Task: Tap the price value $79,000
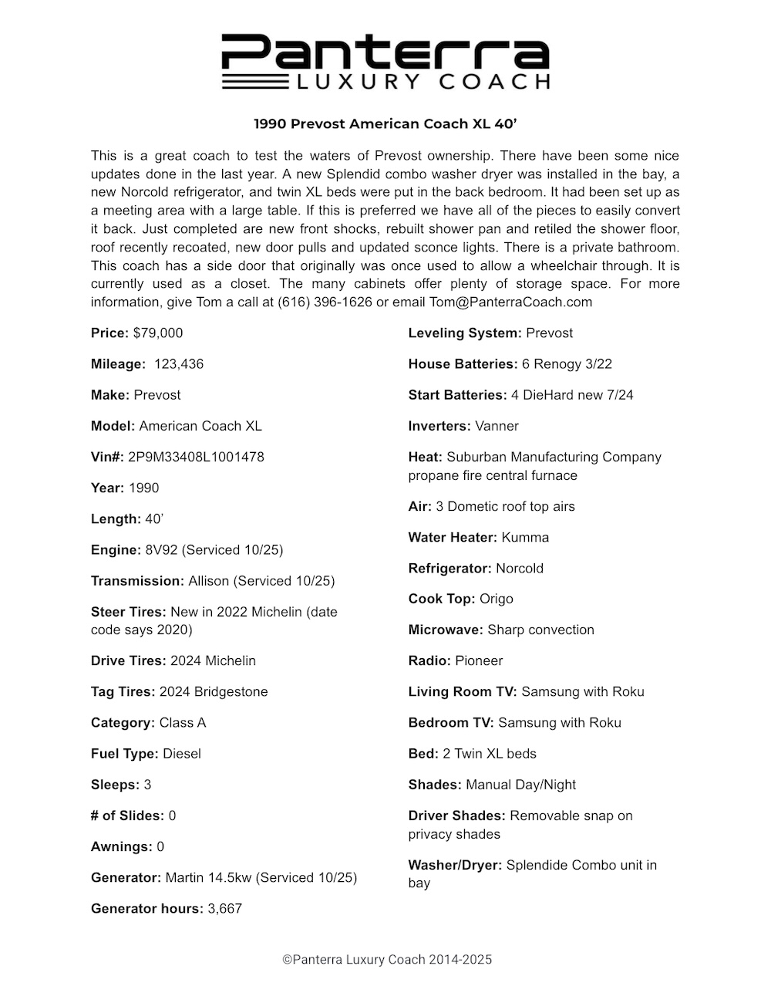(x=158, y=333)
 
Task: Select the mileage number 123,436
(x=179, y=364)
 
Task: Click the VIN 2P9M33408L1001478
(x=196, y=457)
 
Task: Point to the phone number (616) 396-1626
(x=325, y=302)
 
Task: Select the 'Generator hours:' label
(x=147, y=909)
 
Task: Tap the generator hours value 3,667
(x=225, y=909)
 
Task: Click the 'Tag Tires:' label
(x=123, y=692)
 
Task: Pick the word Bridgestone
(x=231, y=692)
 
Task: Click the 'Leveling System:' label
(x=465, y=333)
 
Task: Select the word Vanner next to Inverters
(x=497, y=426)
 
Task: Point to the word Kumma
(x=525, y=538)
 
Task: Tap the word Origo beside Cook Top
(x=497, y=600)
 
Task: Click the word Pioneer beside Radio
(x=479, y=661)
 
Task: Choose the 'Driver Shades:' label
(x=457, y=816)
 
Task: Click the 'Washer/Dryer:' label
(x=455, y=866)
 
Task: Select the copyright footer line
(x=386, y=961)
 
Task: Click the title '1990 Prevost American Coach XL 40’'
(x=385, y=123)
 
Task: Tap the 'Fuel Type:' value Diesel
(x=182, y=754)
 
